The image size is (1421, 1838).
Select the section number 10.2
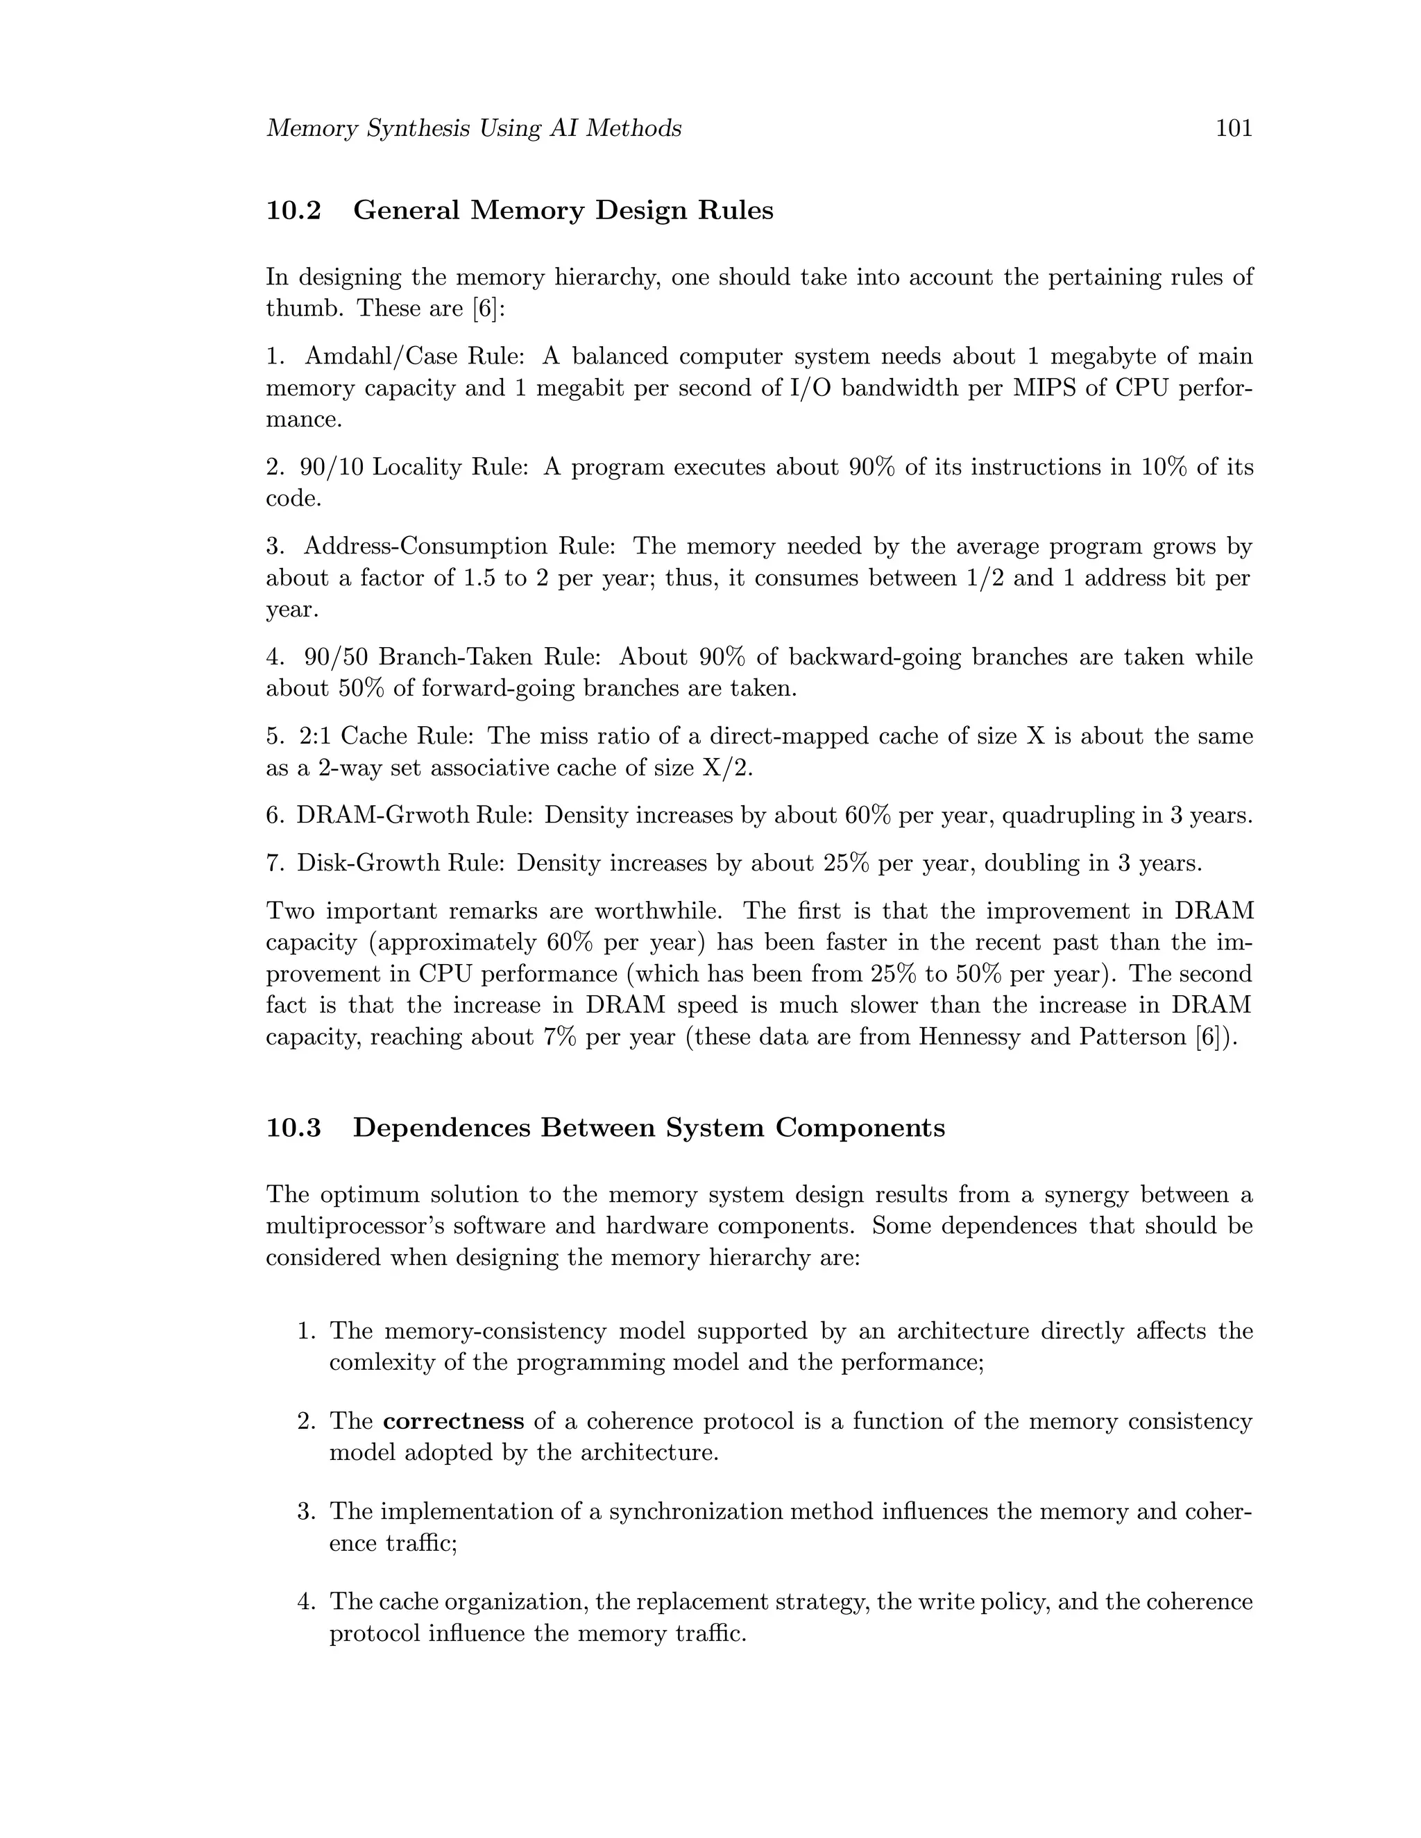[x=293, y=209]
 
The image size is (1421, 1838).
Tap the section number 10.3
[x=293, y=1127]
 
